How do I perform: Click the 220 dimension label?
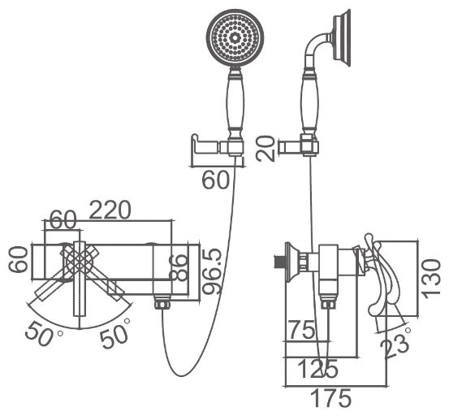coord(110,210)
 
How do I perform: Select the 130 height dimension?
coord(432,279)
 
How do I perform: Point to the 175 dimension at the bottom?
coord(330,398)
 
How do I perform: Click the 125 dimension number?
coord(317,368)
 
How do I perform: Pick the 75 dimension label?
coord(302,330)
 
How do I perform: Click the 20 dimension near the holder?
coord(266,149)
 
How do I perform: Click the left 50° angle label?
coord(44,333)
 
